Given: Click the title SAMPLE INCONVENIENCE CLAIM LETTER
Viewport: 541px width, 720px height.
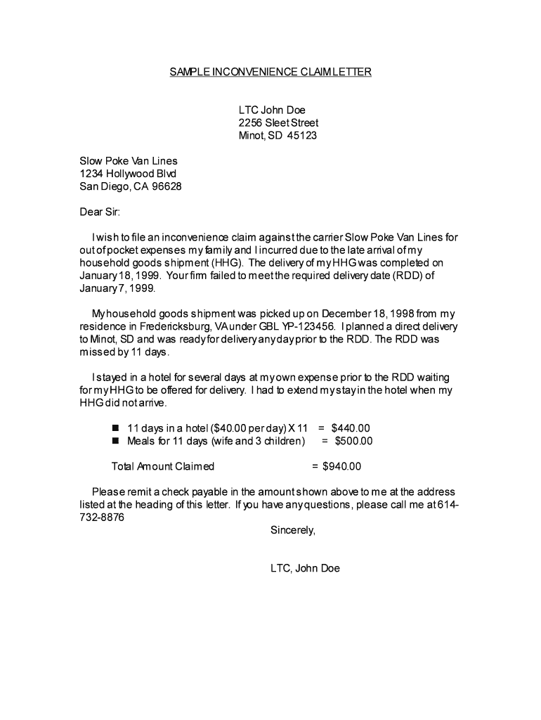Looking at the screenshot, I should coord(270,72).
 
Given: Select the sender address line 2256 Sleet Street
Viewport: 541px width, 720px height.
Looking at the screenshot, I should coord(278,123).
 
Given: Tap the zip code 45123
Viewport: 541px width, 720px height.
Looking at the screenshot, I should coord(301,136).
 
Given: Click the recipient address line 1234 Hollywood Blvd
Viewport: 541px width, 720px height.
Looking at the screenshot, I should coord(128,174).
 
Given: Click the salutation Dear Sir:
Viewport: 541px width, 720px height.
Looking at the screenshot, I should coord(100,212).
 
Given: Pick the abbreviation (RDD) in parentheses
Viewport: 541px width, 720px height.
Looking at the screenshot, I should coord(400,276).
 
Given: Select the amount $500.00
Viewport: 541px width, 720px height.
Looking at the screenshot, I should coord(353,441).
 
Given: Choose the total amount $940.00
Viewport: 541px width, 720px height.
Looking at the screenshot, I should coord(341,466).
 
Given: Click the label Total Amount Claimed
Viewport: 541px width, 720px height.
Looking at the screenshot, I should coord(163,466).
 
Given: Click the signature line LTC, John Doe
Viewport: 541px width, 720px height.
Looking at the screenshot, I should coord(305,568).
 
